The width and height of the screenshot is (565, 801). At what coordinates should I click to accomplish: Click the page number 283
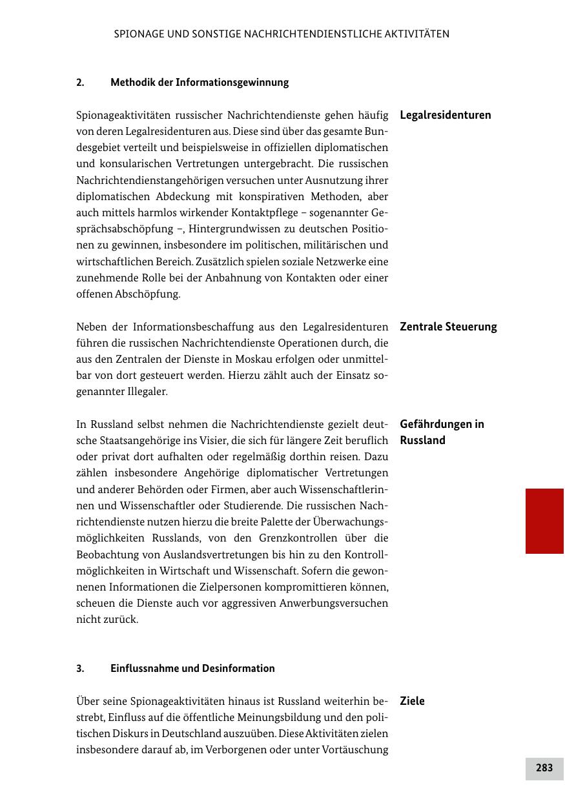pos(544,768)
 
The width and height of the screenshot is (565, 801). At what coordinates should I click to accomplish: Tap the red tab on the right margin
pos(544,521)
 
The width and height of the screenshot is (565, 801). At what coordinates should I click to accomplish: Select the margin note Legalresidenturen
pos(446,116)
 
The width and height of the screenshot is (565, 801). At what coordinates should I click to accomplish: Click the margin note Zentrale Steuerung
pos(448,327)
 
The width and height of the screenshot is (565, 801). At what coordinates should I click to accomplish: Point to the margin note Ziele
pos(412,701)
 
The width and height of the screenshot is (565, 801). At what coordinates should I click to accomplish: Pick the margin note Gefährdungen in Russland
pos(442,432)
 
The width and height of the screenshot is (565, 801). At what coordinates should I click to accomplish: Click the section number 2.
pos(80,83)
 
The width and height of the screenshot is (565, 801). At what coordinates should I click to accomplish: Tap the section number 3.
pos(80,669)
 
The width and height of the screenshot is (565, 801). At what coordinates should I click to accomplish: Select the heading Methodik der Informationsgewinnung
pos(200,83)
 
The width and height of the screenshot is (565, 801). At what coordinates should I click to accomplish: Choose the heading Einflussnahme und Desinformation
pos(192,669)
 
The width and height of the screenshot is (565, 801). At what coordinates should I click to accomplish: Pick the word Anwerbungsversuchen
pos(333,603)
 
